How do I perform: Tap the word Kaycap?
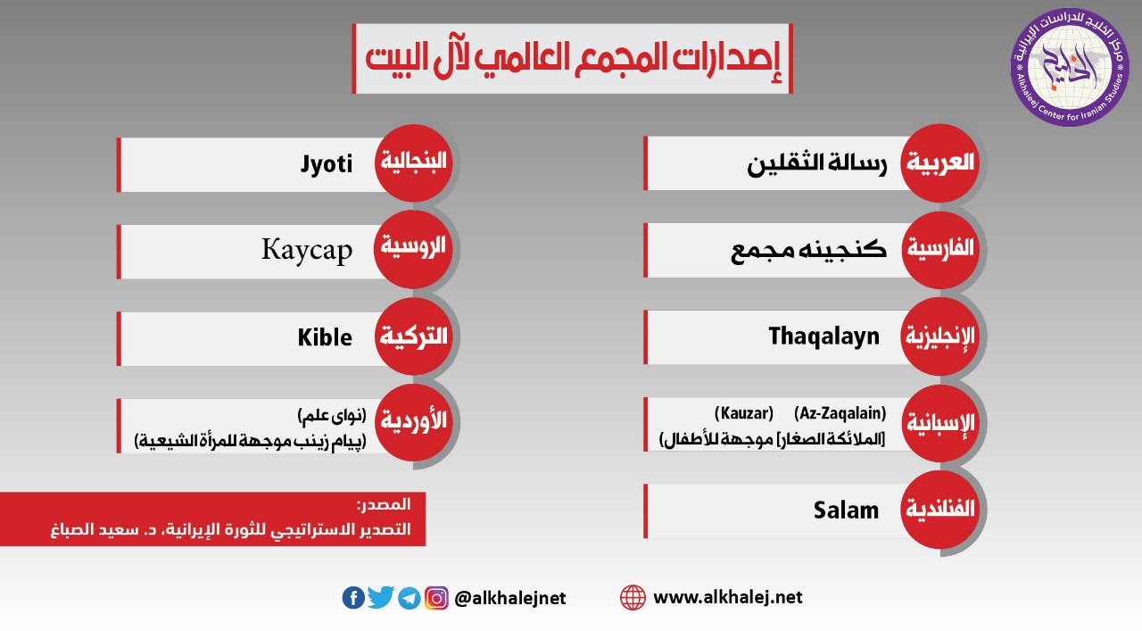coord(307,251)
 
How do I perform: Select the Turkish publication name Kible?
coord(325,337)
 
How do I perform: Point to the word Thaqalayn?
coord(823,337)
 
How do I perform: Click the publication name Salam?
coord(847,511)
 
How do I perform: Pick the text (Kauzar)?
coord(744,412)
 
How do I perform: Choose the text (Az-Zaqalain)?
coord(840,412)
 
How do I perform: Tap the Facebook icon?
coord(353,597)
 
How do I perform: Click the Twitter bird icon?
coord(380,597)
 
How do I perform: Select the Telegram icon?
coord(409,598)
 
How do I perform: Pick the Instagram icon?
coord(436,598)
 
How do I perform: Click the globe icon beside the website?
coord(633,597)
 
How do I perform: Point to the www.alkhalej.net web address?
coord(728,597)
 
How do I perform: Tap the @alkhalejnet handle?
coord(509,598)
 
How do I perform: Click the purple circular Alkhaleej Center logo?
coord(1070,67)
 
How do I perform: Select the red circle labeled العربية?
coord(940,162)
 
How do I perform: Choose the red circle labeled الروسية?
coord(413,249)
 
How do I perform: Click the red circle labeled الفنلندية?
coord(940,510)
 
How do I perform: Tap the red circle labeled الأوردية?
coord(413,422)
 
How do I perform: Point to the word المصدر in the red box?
coord(384,505)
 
